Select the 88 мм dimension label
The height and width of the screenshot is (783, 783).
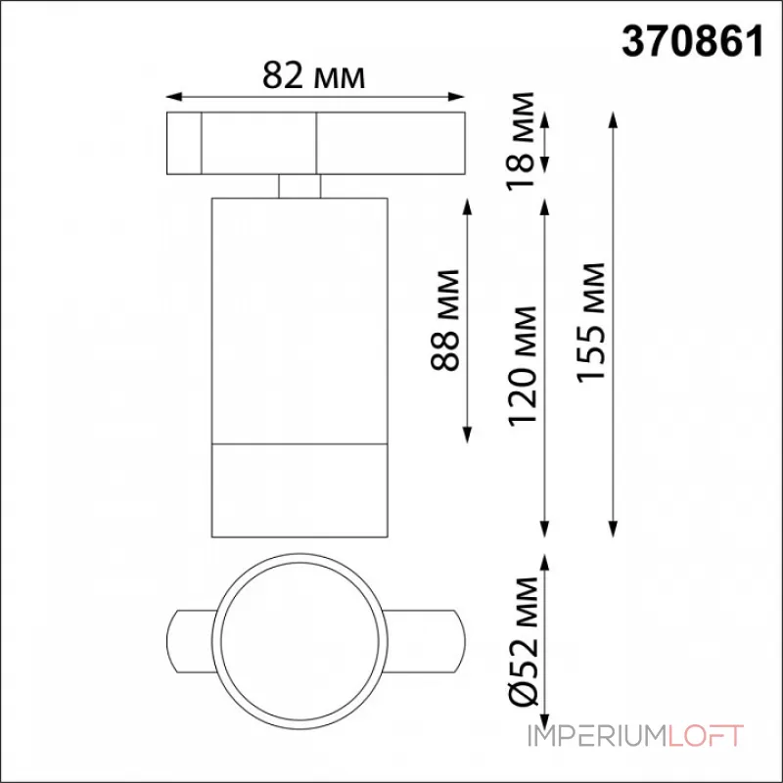coord(445,320)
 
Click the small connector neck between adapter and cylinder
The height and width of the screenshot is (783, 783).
coord(299,186)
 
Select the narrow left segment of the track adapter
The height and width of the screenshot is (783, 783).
coord(184,144)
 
